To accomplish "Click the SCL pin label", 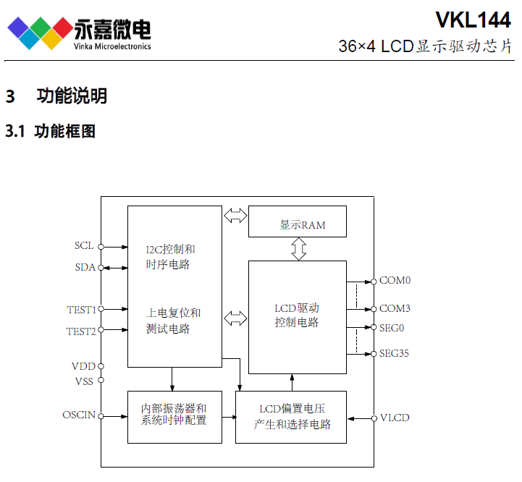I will click(84, 245).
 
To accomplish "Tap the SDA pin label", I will click(85, 267).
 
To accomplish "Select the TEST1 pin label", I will click(81, 309).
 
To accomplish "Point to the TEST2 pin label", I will click(81, 331).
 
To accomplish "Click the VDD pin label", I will click(83, 366).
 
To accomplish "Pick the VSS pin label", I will click(83, 381).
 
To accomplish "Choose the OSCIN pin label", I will click(79, 415).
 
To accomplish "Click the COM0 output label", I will click(395, 280).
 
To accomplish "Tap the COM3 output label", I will click(395, 308).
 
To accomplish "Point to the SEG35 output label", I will click(395, 354).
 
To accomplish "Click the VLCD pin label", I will click(395, 418).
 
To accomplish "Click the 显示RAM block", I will click(297, 221).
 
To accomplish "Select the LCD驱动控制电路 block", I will click(297, 317).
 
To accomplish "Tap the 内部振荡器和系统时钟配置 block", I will click(174, 416).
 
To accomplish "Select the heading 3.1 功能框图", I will click(51, 132).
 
